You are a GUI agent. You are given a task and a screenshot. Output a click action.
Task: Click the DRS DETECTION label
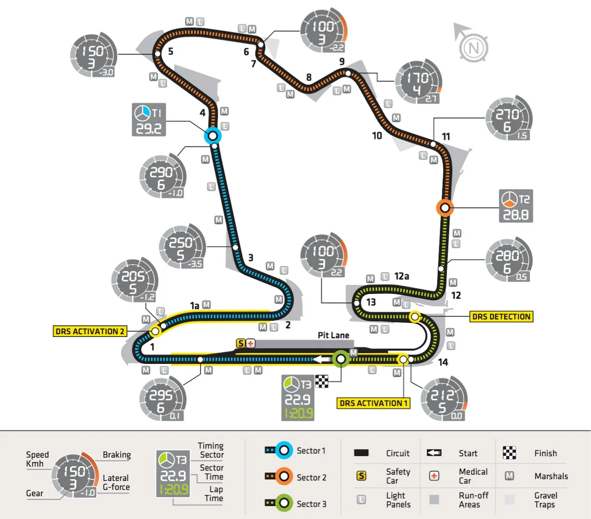(501, 317)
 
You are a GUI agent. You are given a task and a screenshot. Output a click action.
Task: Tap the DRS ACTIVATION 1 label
(373, 403)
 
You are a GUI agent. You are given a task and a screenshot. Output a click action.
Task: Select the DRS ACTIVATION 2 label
(90, 331)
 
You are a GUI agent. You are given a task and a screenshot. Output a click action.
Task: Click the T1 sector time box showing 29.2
(149, 120)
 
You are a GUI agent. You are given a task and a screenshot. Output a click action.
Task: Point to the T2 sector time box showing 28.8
(516, 206)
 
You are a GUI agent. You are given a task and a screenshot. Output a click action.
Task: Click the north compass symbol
(473, 45)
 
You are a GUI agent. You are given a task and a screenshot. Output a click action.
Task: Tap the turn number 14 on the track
(443, 362)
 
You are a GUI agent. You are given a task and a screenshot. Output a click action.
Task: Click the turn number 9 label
(342, 61)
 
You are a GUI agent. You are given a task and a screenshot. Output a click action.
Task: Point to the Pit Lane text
(333, 335)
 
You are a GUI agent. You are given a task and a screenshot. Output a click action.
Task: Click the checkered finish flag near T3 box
(322, 381)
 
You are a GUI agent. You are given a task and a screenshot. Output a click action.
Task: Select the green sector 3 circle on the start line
(341, 359)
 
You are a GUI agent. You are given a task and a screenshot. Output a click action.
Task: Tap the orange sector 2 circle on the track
(445, 208)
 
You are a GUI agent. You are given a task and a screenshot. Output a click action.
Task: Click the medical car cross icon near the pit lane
(251, 344)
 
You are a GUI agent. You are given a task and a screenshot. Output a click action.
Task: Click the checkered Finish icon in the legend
(509, 453)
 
